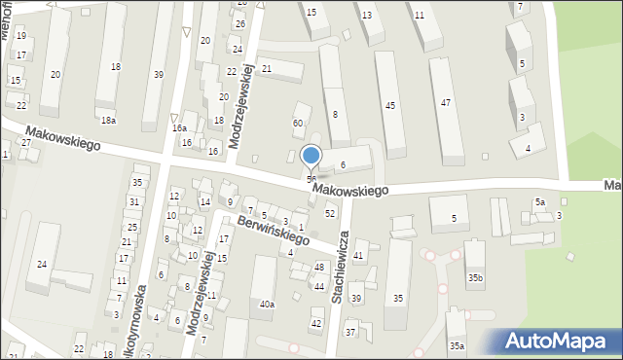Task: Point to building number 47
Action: coord(445,102)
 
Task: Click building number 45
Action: coord(390,105)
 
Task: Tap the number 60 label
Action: coord(298,123)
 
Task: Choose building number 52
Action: coord(330,213)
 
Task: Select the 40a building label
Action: coord(266,305)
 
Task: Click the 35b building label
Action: coord(474,278)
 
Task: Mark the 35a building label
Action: coord(457,345)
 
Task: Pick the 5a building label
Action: coord(540,201)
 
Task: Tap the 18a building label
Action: coord(107,120)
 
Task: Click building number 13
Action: coord(366,16)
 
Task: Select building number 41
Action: coord(359,255)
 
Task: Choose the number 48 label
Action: coord(319,268)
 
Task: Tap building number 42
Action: coord(315,323)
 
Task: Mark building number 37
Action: coord(350,333)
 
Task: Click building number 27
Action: coord(26,143)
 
